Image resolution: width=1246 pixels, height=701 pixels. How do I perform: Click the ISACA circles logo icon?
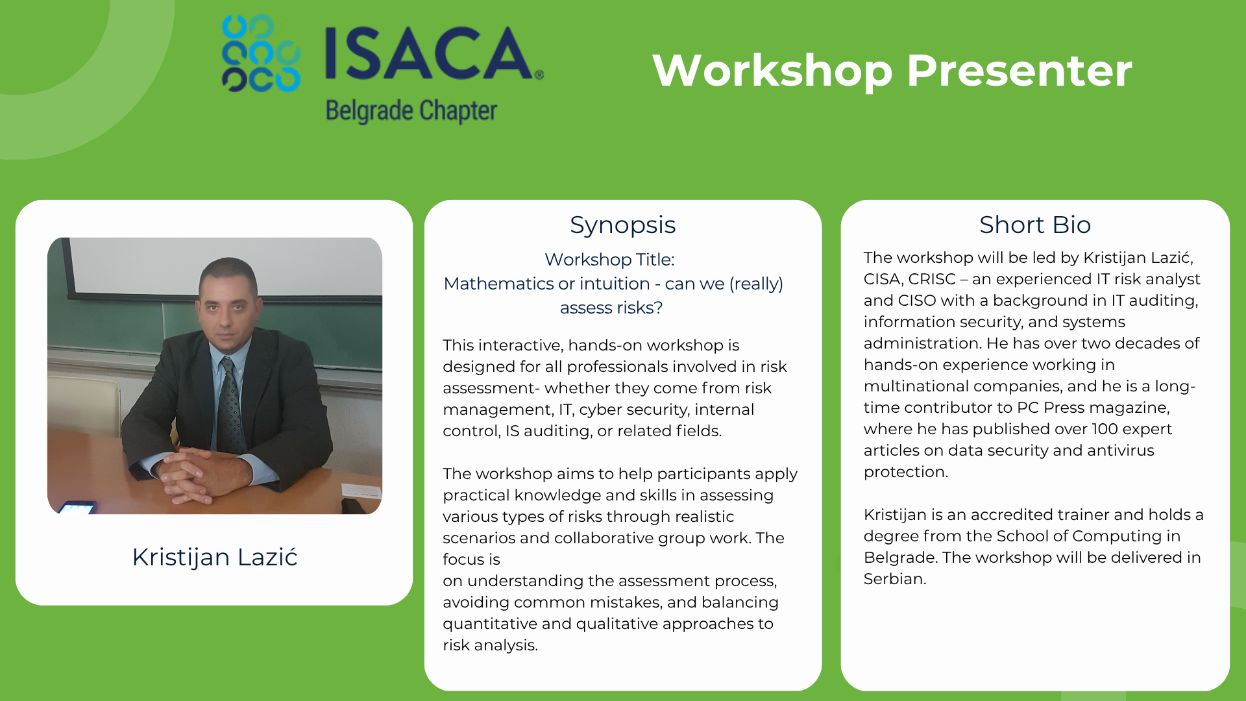(261, 53)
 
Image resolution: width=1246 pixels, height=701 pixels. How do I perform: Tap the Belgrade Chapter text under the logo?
(411, 111)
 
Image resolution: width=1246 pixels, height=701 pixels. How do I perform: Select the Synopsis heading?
(622, 225)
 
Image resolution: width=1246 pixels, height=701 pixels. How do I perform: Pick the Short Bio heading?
(1035, 225)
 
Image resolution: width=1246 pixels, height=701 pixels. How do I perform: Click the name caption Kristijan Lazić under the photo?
(215, 557)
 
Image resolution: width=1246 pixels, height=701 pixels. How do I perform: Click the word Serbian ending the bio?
(895, 579)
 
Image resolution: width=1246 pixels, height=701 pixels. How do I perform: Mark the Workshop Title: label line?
(609, 260)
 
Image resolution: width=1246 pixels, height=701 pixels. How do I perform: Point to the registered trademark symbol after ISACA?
(539, 75)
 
